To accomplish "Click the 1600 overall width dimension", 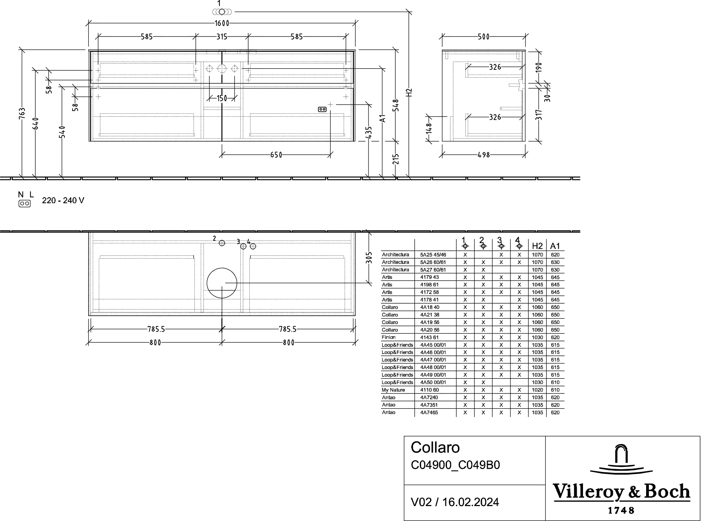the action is coord(222,23).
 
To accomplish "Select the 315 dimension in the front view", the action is coord(222,36).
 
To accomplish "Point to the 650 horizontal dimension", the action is coord(276,155).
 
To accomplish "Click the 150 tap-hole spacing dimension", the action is coord(222,98).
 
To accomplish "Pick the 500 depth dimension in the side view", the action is coord(484,36).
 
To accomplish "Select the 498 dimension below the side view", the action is coord(484,155).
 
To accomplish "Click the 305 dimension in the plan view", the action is coord(369,258).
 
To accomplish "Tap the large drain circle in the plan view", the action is coord(222,268).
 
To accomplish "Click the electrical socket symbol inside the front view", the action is coord(322,109).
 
